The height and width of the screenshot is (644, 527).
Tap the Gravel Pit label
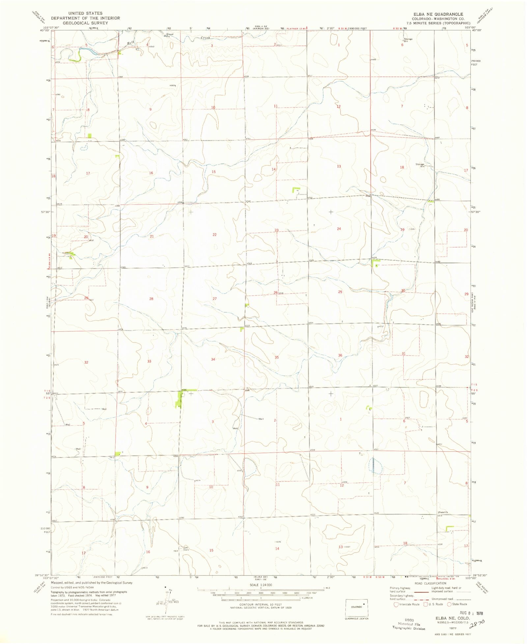tap(170, 35)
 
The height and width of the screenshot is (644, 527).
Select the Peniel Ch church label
tap(443, 512)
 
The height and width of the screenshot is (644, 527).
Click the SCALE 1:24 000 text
tap(261, 585)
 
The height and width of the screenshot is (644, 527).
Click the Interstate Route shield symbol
tap(396, 604)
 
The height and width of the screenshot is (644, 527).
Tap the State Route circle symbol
tap(449, 604)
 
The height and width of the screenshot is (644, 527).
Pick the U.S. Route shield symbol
tap(426, 604)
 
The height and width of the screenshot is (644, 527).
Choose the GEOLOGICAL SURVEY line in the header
tap(85, 23)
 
